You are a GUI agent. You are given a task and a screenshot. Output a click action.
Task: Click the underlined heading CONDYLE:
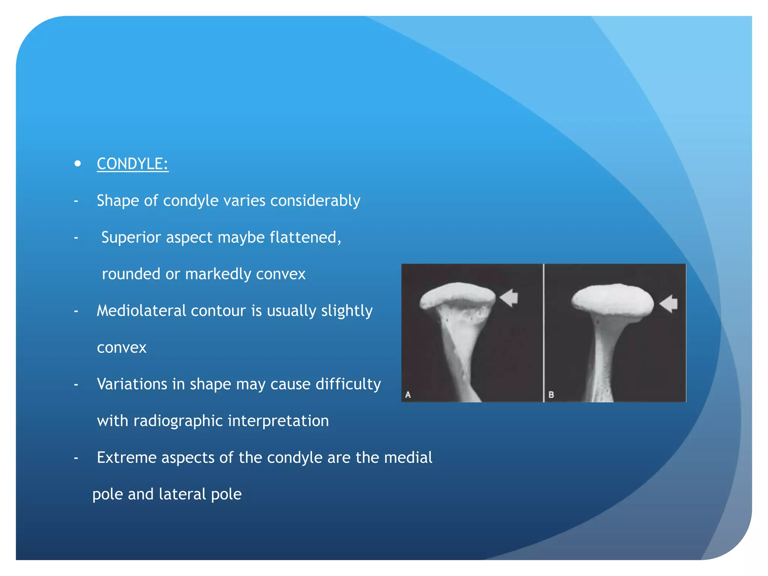(133, 164)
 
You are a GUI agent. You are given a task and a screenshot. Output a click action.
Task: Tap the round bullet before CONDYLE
(78, 163)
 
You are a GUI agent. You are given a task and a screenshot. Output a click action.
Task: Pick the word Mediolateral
(141, 311)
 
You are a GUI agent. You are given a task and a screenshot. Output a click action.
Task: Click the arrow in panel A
(509, 298)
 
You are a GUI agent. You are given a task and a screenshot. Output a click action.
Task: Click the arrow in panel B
(669, 303)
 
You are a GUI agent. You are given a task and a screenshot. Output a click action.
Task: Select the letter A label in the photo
(408, 394)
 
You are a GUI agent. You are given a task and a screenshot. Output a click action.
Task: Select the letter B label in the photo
(551, 394)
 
